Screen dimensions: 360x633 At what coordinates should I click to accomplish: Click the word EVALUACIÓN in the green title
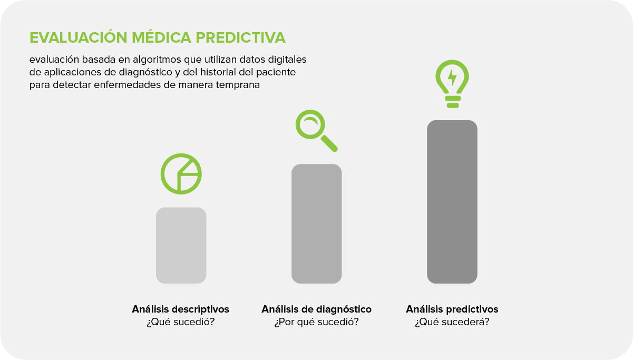pyautogui.click(x=79, y=38)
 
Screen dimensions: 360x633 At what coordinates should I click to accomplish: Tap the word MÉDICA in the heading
pyautogui.click(x=161, y=38)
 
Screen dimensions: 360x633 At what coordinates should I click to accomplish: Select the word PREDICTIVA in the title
pyautogui.click(x=240, y=38)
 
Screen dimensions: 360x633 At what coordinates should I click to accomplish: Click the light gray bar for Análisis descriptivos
pyautogui.click(x=181, y=245)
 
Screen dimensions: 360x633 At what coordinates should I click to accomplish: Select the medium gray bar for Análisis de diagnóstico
pyautogui.click(x=316, y=223)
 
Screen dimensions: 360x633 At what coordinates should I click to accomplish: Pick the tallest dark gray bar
pyautogui.click(x=452, y=201)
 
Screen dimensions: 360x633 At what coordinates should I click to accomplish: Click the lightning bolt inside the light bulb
pyautogui.click(x=452, y=76)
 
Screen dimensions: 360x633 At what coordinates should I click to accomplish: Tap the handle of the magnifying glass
pyautogui.click(x=329, y=143)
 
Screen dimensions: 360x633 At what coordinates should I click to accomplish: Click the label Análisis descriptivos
pyautogui.click(x=181, y=309)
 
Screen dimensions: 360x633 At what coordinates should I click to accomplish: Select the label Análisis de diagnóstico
pyautogui.click(x=316, y=309)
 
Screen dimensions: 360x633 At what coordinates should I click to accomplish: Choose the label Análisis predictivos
pyautogui.click(x=452, y=309)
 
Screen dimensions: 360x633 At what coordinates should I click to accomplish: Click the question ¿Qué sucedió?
pyautogui.click(x=181, y=322)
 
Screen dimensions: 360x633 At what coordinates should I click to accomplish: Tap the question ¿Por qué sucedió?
pyautogui.click(x=316, y=322)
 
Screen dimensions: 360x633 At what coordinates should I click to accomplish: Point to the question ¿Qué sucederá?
pyautogui.click(x=452, y=322)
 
